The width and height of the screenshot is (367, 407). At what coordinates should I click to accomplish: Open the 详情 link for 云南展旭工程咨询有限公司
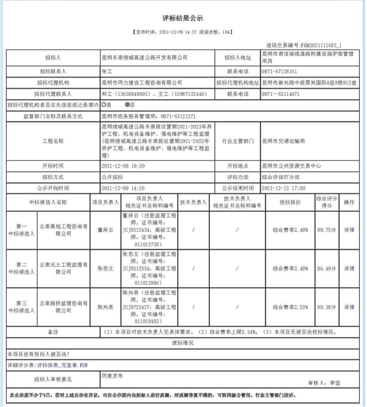(x=349, y=230)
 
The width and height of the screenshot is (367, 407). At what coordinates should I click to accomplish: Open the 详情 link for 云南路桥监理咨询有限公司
(x=349, y=306)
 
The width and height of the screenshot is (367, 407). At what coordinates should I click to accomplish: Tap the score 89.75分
(x=327, y=230)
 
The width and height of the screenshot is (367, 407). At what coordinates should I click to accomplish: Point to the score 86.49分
(x=327, y=268)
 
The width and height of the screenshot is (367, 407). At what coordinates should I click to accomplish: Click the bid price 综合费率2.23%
(x=290, y=306)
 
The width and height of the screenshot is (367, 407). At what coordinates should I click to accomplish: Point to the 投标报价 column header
(x=290, y=202)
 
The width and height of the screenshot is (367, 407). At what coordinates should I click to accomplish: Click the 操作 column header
(x=349, y=202)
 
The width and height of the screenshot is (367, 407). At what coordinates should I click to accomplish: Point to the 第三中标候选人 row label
(x=21, y=306)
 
